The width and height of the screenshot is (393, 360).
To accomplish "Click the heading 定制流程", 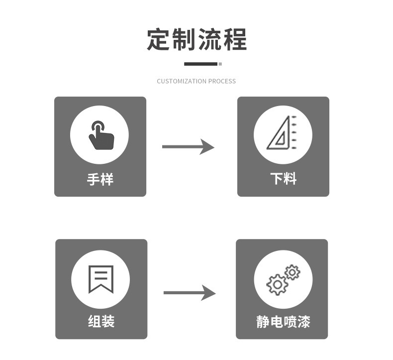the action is (x=196, y=40).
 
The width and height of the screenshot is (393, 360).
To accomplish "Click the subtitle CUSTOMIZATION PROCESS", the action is (x=196, y=81).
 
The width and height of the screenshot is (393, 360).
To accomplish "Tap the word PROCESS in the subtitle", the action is (x=222, y=81).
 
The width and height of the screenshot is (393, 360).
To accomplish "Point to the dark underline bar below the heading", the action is (x=200, y=64).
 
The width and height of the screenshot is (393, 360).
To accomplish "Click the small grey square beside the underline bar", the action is (x=220, y=64).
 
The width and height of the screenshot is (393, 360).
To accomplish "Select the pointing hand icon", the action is (x=100, y=135).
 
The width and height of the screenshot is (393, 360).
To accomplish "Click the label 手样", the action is (x=100, y=179).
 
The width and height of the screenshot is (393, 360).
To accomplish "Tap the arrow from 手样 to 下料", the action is (x=188, y=147).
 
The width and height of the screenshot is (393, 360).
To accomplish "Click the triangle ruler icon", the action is (x=281, y=134).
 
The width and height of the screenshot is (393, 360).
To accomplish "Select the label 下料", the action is (x=283, y=179).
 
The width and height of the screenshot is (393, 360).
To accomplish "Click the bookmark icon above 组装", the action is (x=100, y=279).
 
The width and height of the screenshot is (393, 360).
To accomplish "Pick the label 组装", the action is (x=101, y=322).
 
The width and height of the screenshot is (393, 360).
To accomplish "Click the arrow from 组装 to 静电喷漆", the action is (x=190, y=293).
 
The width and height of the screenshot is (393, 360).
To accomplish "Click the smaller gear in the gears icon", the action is (x=292, y=272).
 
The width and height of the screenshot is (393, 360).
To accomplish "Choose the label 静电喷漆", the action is (x=283, y=322).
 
